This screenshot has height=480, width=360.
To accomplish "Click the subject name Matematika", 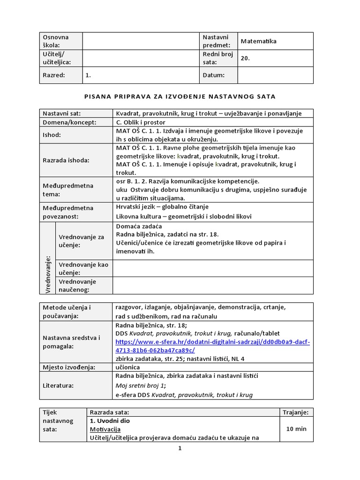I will (258, 41).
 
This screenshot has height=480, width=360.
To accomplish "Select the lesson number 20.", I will (245, 59).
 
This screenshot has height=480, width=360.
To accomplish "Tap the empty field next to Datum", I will (275, 75).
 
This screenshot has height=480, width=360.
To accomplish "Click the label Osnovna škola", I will (56, 41).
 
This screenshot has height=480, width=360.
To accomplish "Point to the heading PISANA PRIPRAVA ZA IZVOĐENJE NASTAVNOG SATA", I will (180, 97).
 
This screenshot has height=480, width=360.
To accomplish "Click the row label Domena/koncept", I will (69, 122).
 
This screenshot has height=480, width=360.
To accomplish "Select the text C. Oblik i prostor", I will (141, 122).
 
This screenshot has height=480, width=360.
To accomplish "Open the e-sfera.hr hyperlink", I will (212, 346).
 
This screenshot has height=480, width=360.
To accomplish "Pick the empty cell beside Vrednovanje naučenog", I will (213, 285).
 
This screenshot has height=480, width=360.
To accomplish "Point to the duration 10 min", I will (296, 429).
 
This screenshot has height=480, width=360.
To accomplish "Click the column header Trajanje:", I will (296, 412).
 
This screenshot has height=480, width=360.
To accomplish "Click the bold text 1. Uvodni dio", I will (110, 420).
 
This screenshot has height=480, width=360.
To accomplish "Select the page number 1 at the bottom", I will (180, 448).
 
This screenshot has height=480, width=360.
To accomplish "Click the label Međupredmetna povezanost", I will (68, 212).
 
